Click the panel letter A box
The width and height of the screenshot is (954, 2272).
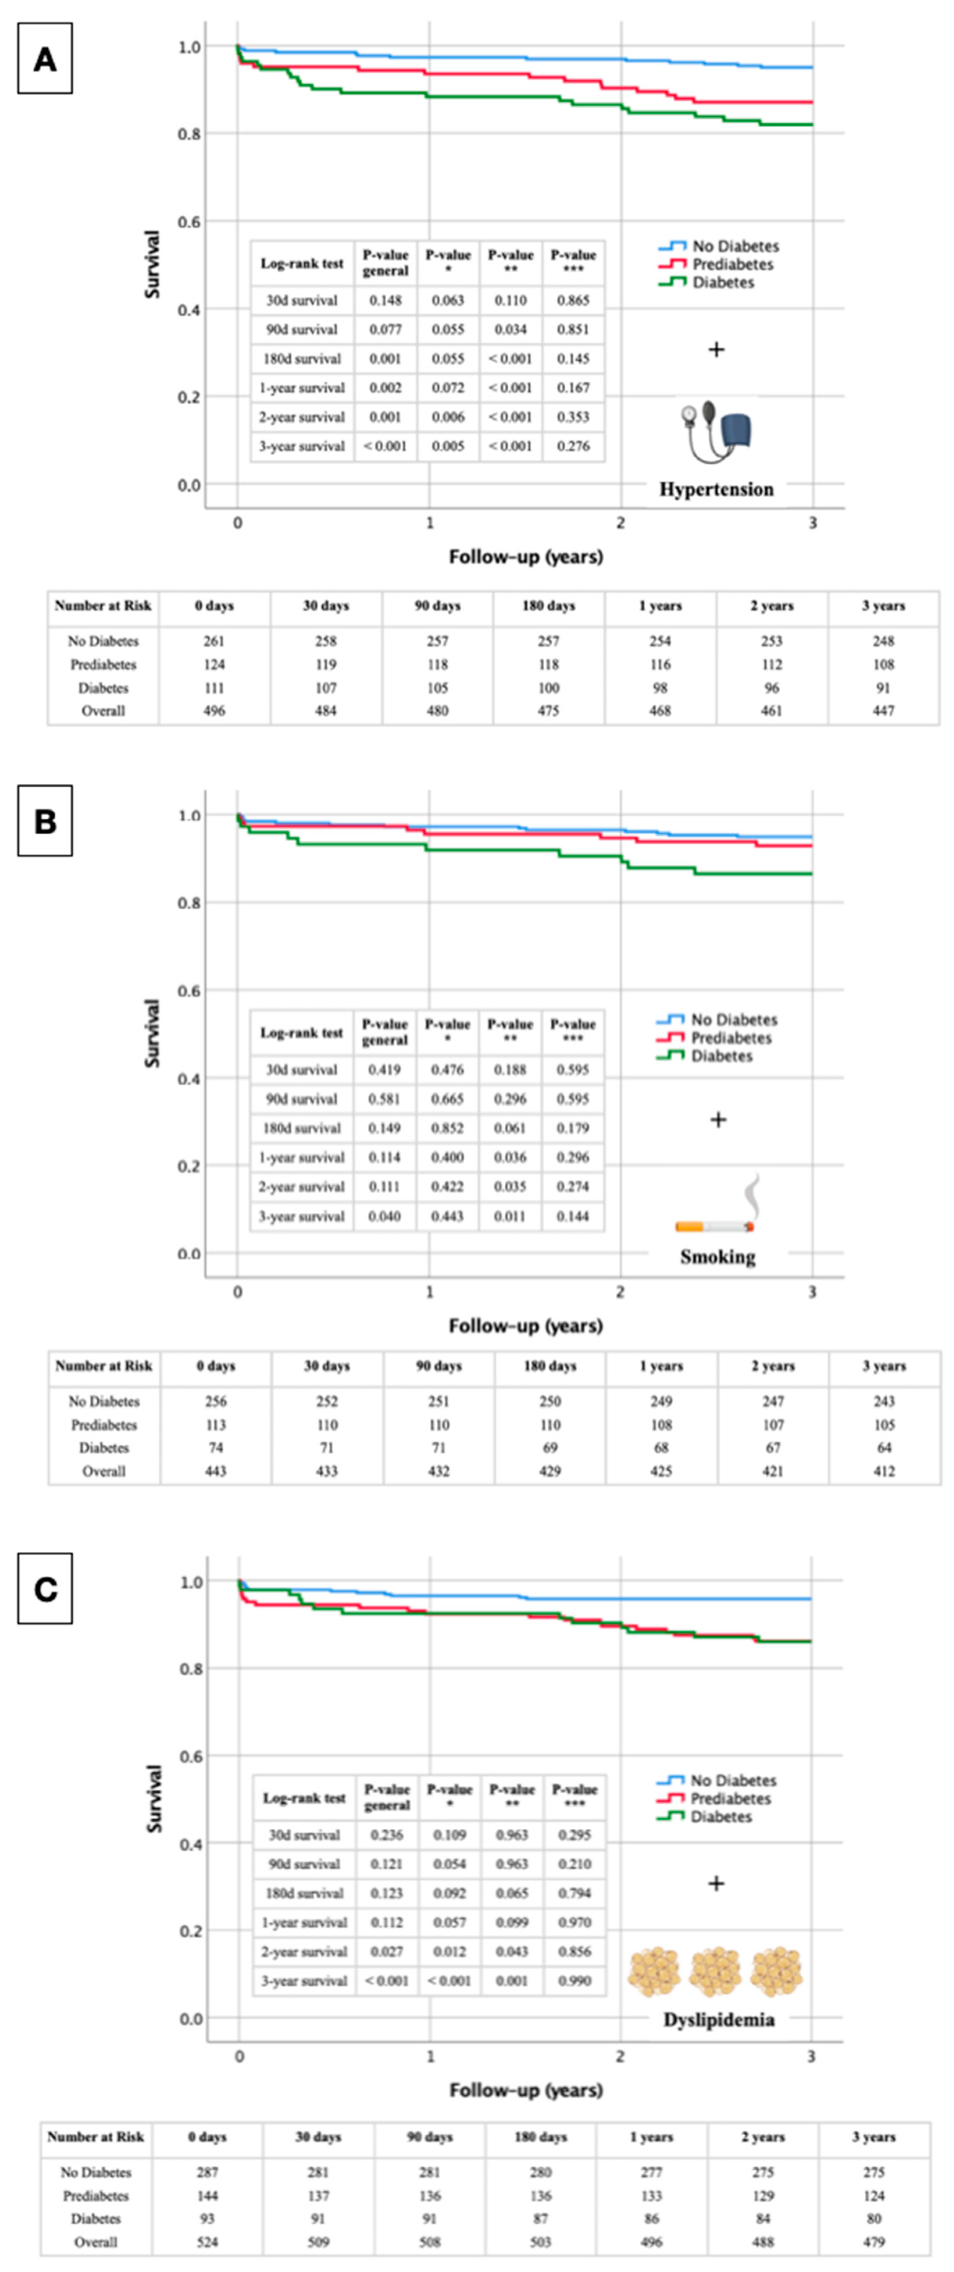tap(45, 59)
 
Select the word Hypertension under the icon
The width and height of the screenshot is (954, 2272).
tap(716, 489)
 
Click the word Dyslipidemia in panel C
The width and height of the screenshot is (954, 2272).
tap(718, 2020)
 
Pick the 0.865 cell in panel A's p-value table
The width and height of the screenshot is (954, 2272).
tap(573, 300)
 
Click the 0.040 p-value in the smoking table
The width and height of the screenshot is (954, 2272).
tap(385, 1216)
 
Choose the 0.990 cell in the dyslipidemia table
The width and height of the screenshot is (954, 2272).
tap(575, 1981)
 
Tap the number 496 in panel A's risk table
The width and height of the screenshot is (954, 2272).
tap(214, 711)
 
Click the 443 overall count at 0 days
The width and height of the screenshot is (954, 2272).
tap(215, 1471)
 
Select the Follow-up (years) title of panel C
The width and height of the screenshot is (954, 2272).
tap(526, 2090)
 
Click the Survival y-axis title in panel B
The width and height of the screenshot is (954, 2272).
tap(153, 1033)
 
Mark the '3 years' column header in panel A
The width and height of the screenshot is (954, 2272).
tap(883, 606)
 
